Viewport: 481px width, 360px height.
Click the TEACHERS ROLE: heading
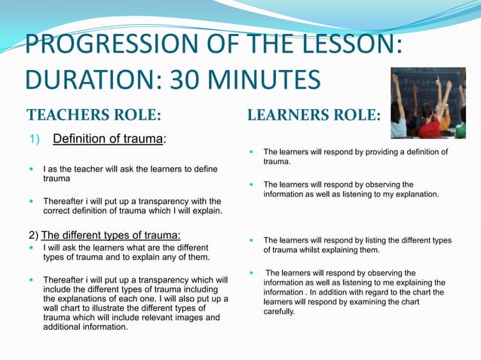pyautogui.click(x=94, y=116)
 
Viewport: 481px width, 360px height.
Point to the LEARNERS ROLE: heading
pyautogui.click(x=314, y=116)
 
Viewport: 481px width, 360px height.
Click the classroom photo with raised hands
pyautogui.click(x=427, y=102)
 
